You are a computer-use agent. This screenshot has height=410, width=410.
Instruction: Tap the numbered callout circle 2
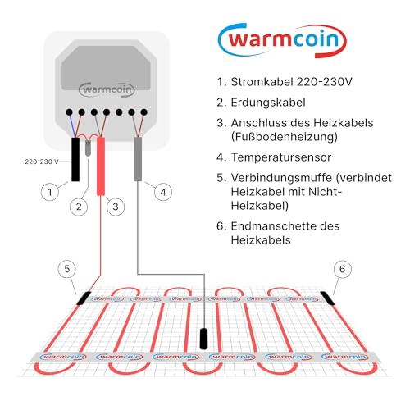[x=79, y=207]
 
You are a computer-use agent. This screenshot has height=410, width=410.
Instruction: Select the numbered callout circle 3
[x=115, y=207]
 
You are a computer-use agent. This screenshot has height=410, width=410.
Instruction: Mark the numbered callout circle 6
[x=342, y=268]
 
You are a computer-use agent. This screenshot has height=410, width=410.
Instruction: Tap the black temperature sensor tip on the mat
[x=204, y=338]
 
